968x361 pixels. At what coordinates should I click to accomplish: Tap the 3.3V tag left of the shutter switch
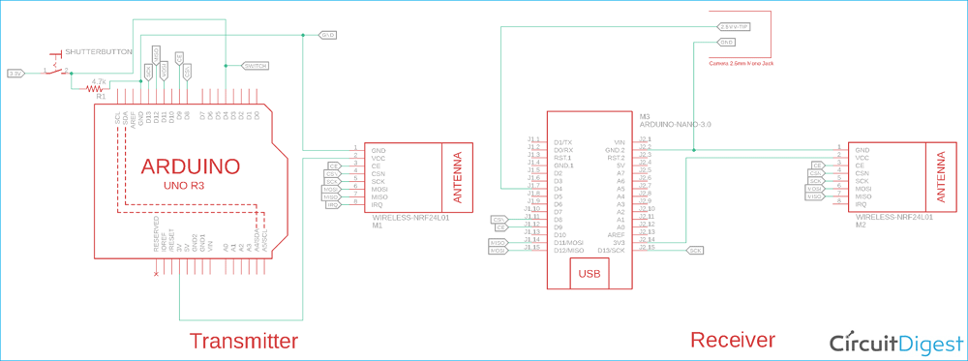pos(15,73)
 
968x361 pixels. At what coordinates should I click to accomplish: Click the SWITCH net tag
pos(256,66)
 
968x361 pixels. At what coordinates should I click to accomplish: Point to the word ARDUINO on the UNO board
pos(191,166)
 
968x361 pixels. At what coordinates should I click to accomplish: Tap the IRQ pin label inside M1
pos(378,205)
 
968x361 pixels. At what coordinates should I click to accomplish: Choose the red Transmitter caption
pos(243,341)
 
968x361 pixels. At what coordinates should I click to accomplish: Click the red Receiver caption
pos(732,340)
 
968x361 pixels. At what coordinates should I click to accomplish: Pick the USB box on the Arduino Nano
pos(588,274)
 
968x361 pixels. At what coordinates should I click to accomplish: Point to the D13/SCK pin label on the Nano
pos(614,250)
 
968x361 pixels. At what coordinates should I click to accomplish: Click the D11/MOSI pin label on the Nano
pos(568,242)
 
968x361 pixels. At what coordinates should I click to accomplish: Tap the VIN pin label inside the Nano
pos(620,142)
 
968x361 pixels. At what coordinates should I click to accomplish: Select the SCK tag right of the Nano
pos(696,250)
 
